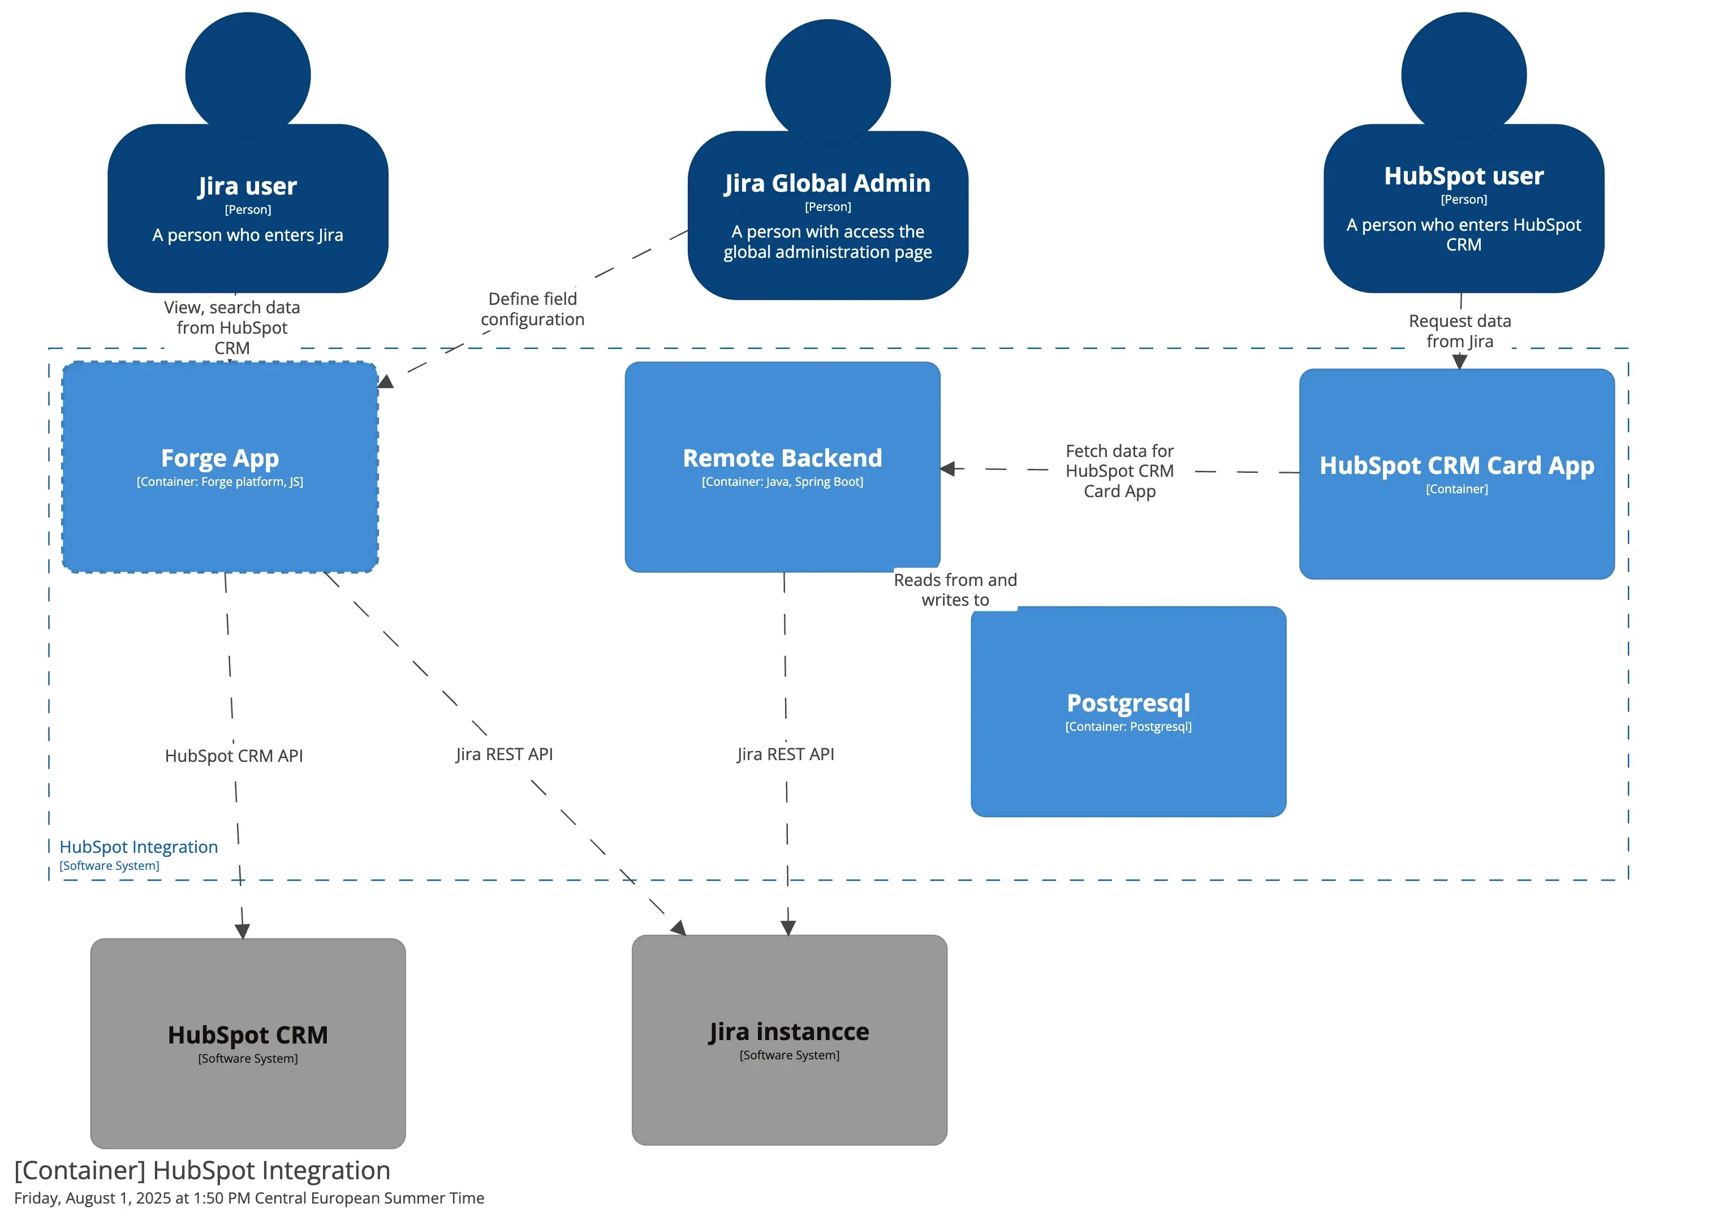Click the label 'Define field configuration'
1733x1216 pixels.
tap(532, 309)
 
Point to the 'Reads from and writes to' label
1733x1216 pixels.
tap(955, 589)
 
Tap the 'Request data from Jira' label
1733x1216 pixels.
tap(1459, 331)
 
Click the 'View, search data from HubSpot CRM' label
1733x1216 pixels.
tap(232, 327)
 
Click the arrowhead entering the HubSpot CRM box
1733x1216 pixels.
tap(242, 932)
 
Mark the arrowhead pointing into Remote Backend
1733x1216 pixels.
tap(948, 469)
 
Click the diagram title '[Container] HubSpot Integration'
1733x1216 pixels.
tap(202, 1170)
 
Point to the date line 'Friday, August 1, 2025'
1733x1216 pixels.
tap(249, 1198)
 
